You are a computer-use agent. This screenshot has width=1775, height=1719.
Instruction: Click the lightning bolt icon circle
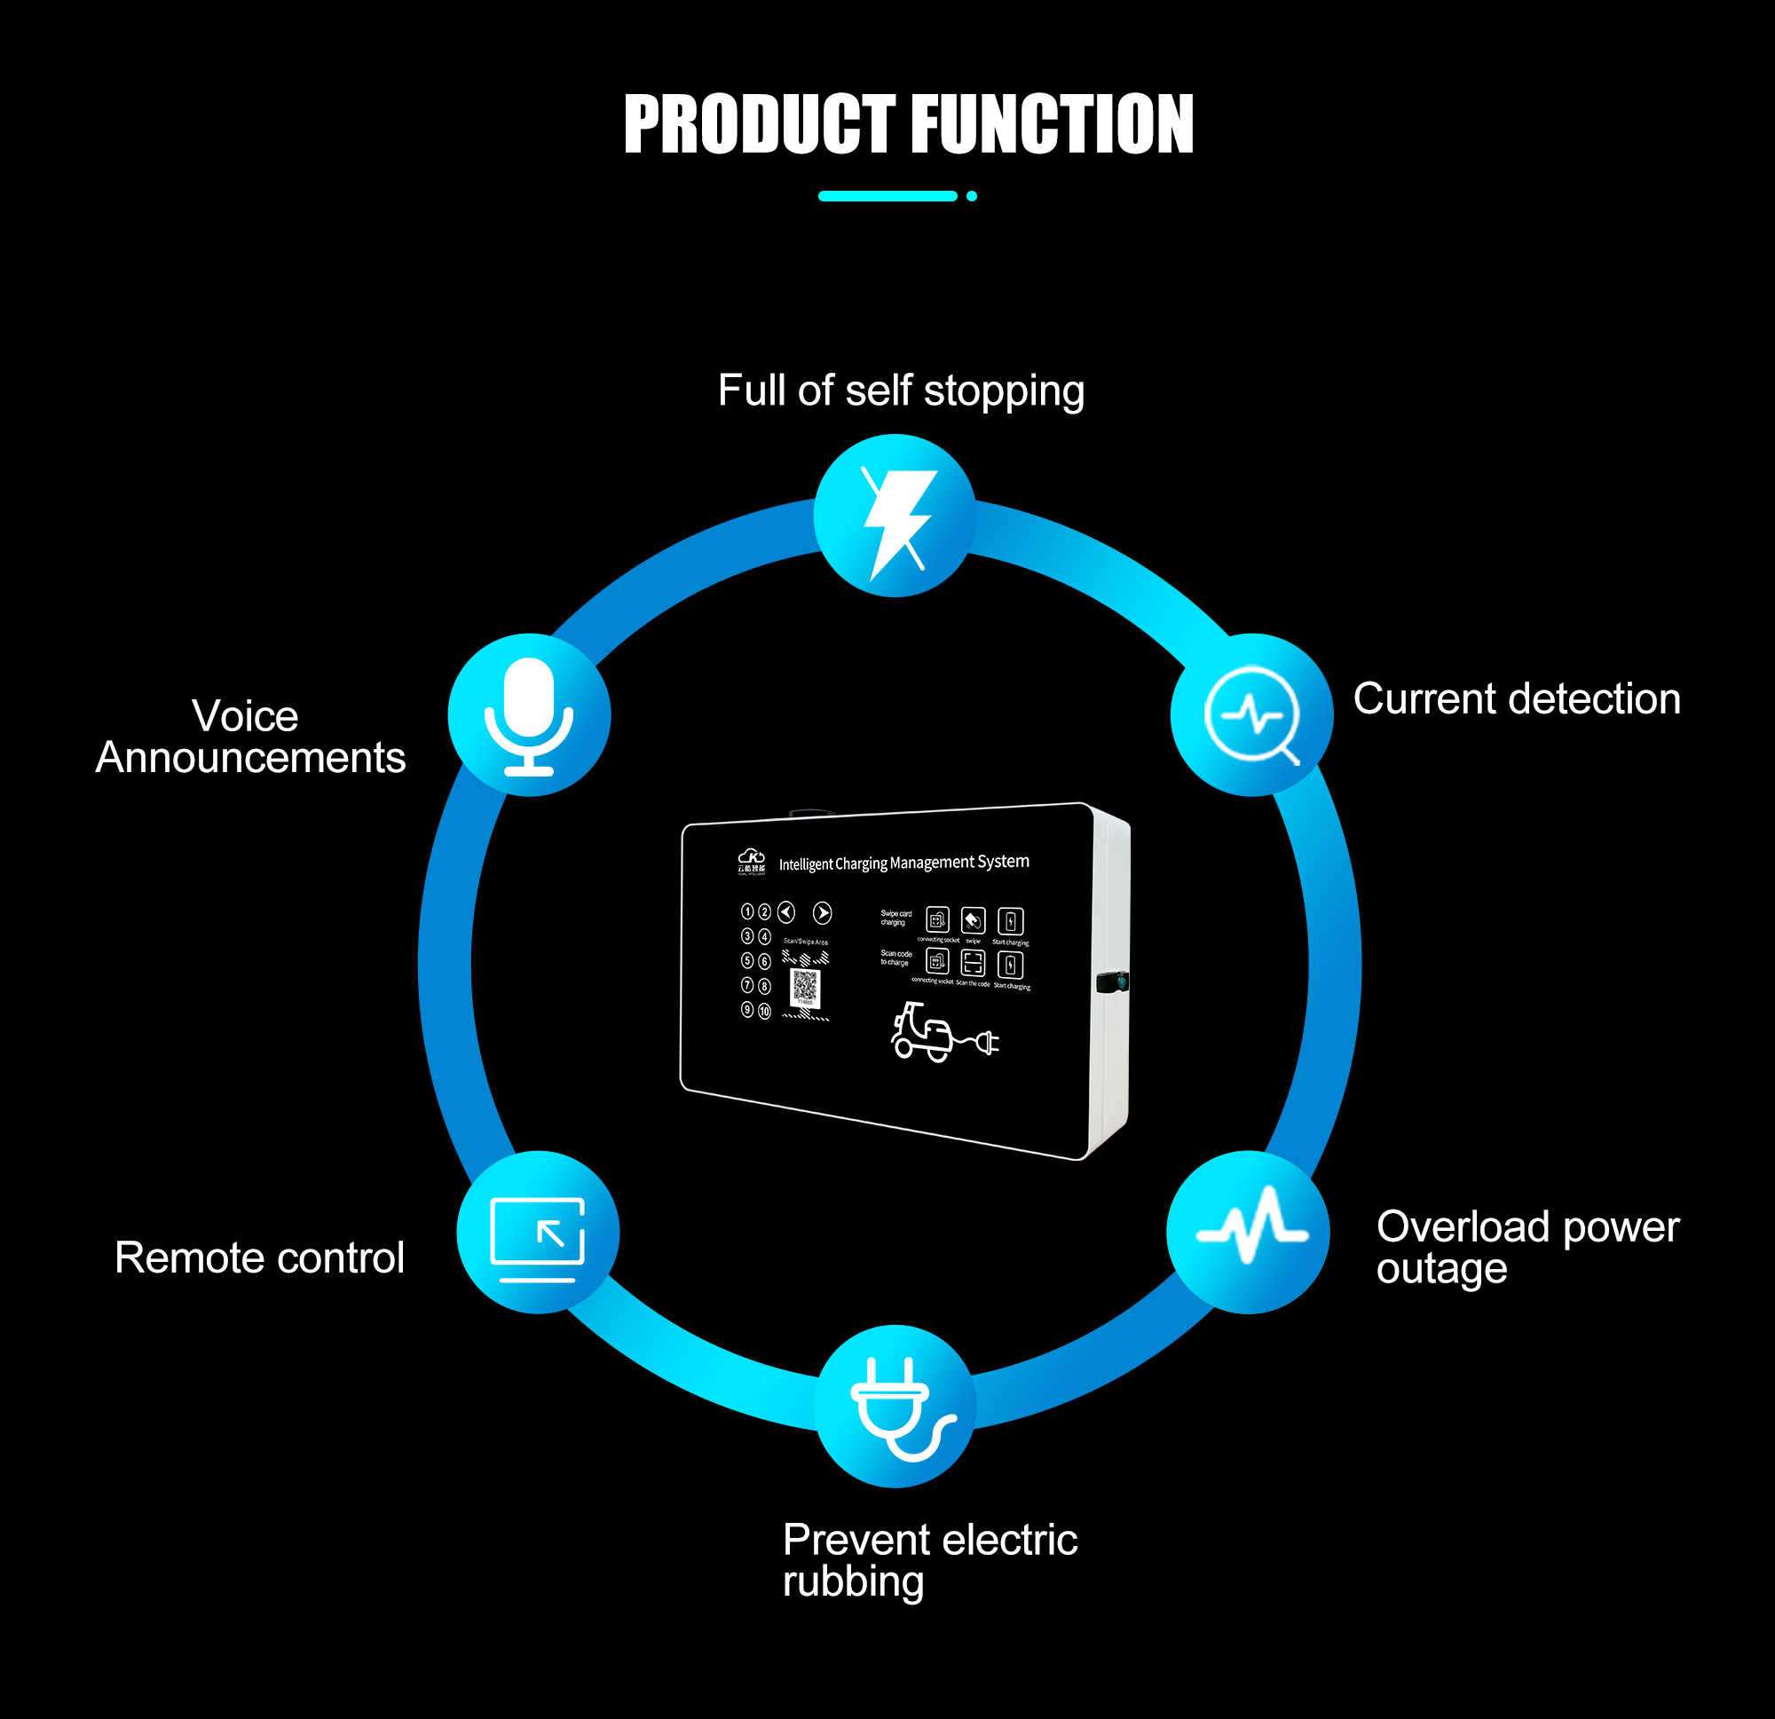tap(895, 516)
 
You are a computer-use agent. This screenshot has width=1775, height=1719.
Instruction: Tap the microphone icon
tap(529, 715)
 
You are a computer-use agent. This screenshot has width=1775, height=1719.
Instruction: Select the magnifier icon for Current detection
tap(1251, 715)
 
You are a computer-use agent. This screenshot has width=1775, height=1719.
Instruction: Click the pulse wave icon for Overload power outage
tap(1248, 1232)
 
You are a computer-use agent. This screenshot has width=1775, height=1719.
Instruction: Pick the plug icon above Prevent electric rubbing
tap(895, 1407)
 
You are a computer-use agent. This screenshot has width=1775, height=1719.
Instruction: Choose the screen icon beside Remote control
tap(538, 1233)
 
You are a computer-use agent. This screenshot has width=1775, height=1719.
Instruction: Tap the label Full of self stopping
tap(901, 391)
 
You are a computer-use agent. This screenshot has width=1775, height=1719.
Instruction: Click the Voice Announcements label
tap(250, 737)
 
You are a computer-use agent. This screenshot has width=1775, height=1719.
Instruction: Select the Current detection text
tap(1517, 699)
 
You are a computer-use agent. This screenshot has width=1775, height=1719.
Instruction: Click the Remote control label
tap(259, 1258)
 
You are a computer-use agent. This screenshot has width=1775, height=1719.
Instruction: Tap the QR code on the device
tap(805, 988)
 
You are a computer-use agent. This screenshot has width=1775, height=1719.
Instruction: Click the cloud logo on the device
tap(752, 857)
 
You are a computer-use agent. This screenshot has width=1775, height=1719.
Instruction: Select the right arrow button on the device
tap(823, 913)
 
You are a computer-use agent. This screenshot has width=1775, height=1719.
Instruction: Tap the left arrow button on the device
tap(786, 912)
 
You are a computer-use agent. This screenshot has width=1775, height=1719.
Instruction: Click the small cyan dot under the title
tap(972, 196)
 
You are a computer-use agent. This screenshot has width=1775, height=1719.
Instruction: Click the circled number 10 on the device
tap(764, 1011)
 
